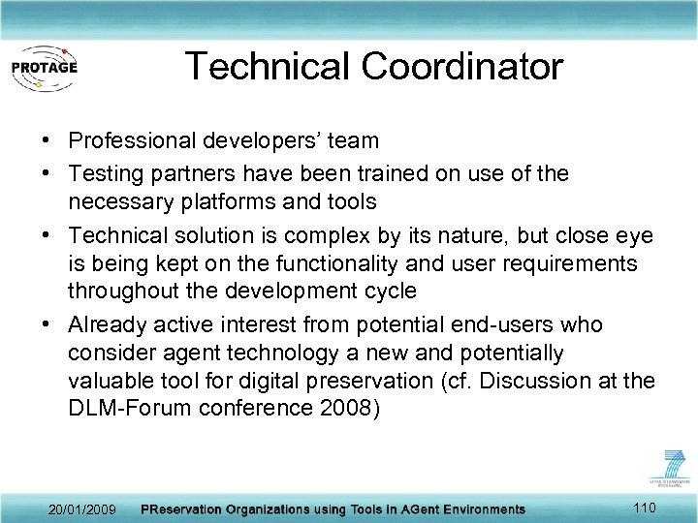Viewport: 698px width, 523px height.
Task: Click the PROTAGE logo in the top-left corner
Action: pos(44,67)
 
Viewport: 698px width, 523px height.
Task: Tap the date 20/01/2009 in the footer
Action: pos(82,509)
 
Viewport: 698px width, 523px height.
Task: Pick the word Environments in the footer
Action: pos(475,509)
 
